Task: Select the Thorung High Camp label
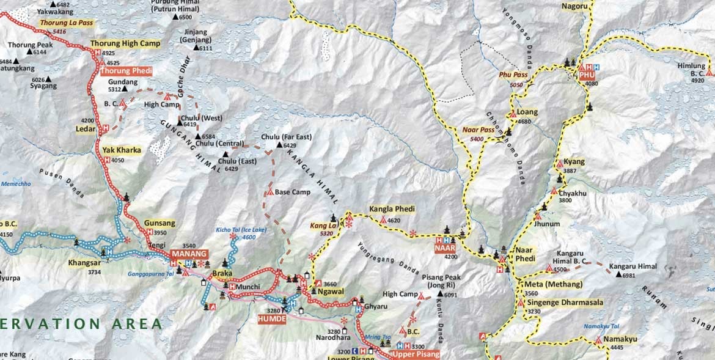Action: [x=125, y=43]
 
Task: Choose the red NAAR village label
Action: [x=445, y=248]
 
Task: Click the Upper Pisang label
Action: [x=415, y=355]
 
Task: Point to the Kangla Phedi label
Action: [x=392, y=210]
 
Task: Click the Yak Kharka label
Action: [x=122, y=150]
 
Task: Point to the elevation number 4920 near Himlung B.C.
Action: [x=697, y=80]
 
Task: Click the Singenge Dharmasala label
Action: [x=564, y=303]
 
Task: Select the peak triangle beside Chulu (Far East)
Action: [x=280, y=145]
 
